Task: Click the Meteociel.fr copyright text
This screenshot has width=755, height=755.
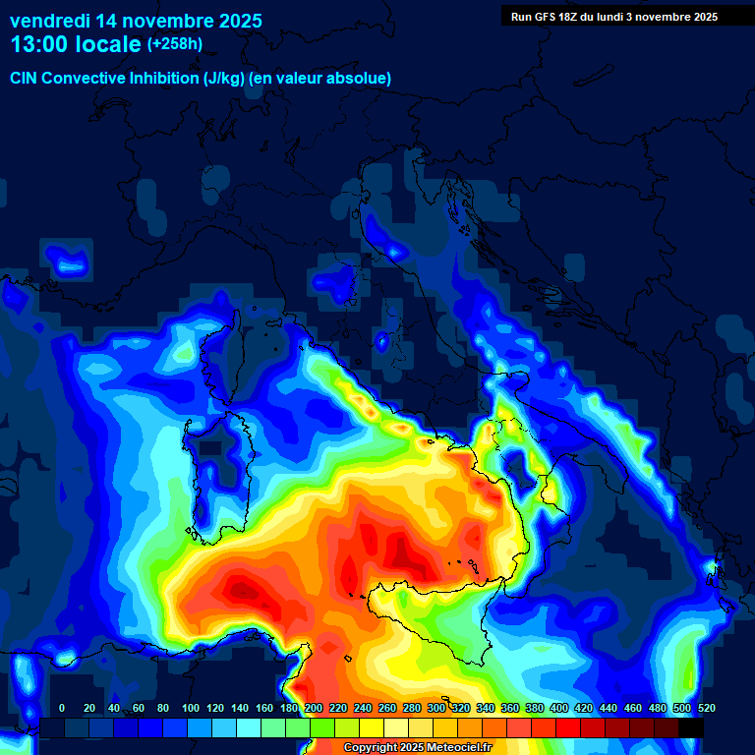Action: coord(417,748)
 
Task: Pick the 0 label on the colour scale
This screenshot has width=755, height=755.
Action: coord(62,708)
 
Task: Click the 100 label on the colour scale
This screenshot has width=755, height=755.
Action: coord(191,708)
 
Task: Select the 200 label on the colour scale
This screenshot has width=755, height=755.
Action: coord(314,708)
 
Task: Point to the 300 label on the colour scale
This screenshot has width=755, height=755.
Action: coord(436,708)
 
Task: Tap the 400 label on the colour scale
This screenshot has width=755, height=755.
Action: coord(559,708)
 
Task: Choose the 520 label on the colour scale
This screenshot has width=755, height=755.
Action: coord(707,708)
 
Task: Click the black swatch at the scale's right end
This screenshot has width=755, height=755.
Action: coord(691,727)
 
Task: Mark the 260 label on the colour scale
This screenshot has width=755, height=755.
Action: coord(387,708)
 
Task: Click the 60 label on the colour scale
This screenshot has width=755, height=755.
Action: coord(139,708)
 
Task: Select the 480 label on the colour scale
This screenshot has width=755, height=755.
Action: coord(658,708)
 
